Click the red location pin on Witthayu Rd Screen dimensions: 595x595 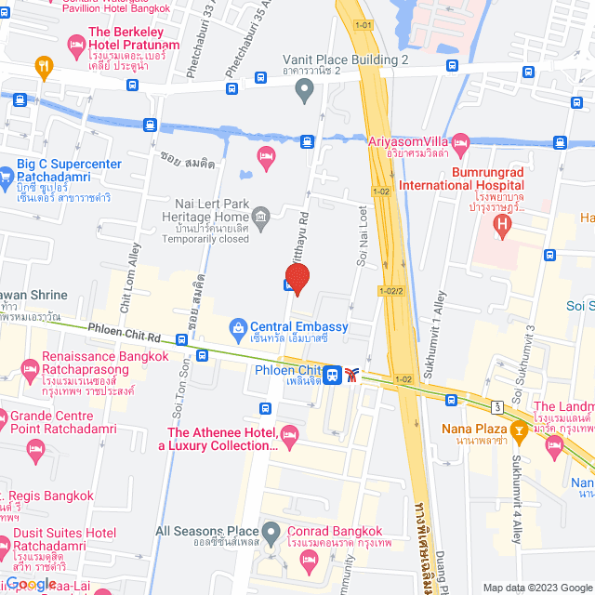click(297, 278)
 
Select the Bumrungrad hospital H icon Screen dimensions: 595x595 click(503, 223)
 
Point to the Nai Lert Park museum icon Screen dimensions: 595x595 click(261, 220)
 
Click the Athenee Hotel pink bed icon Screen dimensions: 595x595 click(289, 434)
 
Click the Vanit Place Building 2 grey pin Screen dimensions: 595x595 click(303, 90)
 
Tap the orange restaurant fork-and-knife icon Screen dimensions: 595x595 click(43, 66)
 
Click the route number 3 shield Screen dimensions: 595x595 click(498, 406)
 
